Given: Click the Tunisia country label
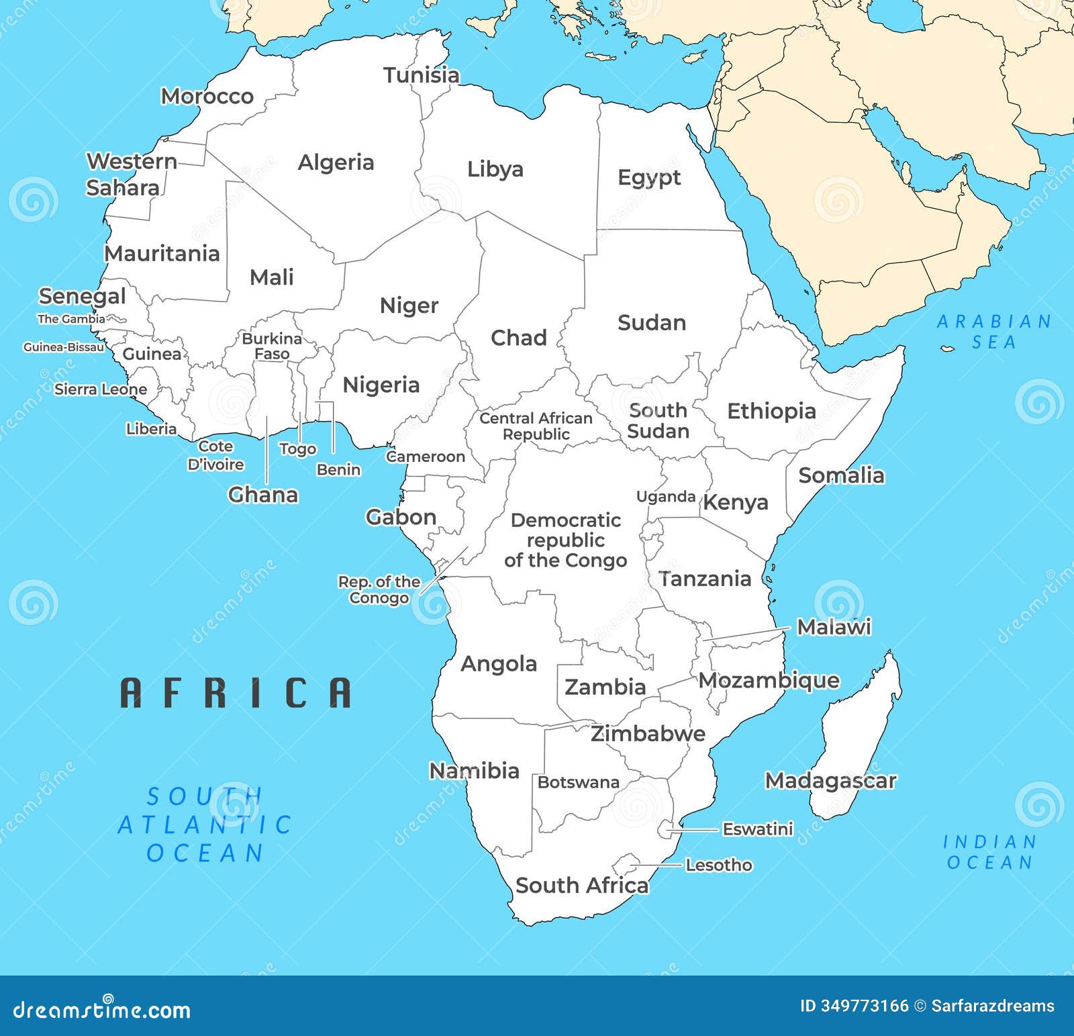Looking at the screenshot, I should coord(421,75).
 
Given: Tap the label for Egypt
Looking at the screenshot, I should coord(648,178).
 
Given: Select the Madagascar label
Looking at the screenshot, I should coord(830,781).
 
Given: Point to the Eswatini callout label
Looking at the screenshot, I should coord(757,829).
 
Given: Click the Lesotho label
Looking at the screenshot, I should coord(718,865).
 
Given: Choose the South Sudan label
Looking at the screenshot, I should coord(658,420).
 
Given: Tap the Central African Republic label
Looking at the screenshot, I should coord(536,426).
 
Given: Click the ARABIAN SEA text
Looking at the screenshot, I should coord(993,332).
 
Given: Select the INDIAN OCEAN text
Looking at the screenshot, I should coord(989,852).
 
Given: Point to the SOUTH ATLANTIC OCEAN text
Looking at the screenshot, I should coord(205,825).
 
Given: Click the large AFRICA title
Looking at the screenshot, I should coord(236,693).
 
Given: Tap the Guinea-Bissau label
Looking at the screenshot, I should coord(64,347).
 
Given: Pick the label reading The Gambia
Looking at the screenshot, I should coord(71,319).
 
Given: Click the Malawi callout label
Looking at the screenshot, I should coord(833,627).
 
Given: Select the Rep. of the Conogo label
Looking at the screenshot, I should coord(379,590).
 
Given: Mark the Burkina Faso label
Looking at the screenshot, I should coord(272,346).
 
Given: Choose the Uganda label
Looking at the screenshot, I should coord(665,497).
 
